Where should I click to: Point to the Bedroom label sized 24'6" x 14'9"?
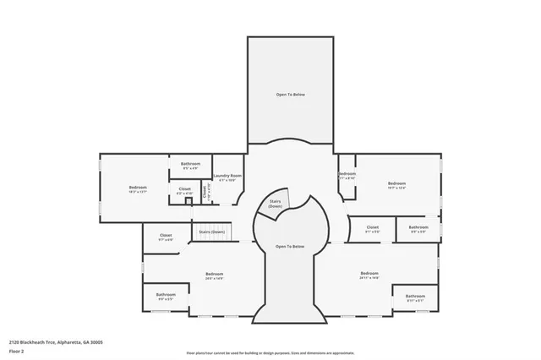pos(215,275)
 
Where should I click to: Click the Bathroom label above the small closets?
pos(191,164)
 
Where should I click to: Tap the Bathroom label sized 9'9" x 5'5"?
pos(165,297)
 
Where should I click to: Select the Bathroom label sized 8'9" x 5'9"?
pos(418,228)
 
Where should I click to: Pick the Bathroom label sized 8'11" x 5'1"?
pos(415,297)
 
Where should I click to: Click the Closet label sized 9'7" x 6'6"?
pos(166,237)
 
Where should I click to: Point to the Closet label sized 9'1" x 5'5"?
pos(373,228)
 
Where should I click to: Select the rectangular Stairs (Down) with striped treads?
pos(211,232)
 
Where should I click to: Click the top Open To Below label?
pos(290,94)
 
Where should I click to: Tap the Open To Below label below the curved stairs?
pos(290,246)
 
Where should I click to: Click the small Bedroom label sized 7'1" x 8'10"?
pos(347,176)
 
